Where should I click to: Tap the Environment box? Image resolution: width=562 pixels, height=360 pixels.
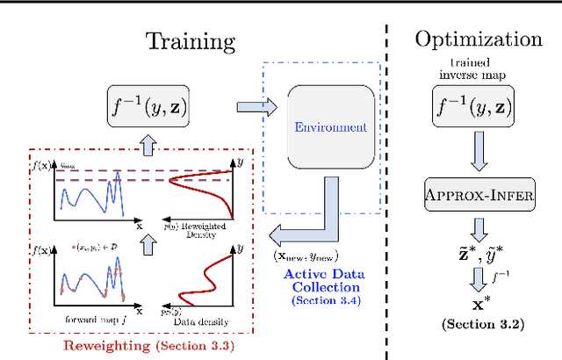(329, 127)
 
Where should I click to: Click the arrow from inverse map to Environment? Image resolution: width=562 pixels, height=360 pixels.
(254, 107)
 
